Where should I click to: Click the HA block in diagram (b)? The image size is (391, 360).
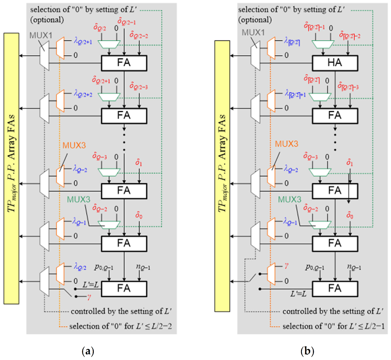335,63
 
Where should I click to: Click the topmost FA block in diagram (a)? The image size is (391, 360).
124,63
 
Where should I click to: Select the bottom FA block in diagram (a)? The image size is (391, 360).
124,289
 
